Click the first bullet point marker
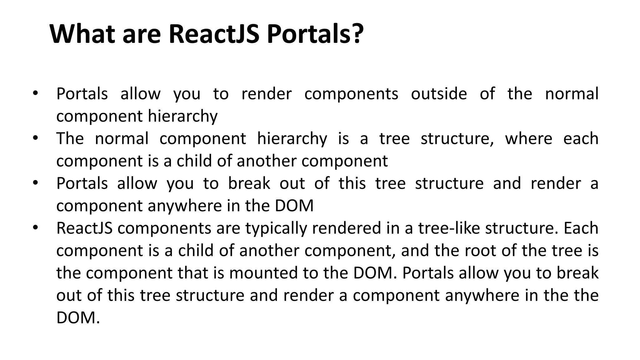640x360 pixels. [35, 93]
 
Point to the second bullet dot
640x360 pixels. [35, 138]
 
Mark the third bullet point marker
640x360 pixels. [35, 182]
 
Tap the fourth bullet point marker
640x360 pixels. [35, 227]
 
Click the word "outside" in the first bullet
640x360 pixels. [439, 94]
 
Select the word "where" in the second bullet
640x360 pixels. [528, 138]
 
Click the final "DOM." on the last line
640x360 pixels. [78, 318]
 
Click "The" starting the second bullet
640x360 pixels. [70, 138]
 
